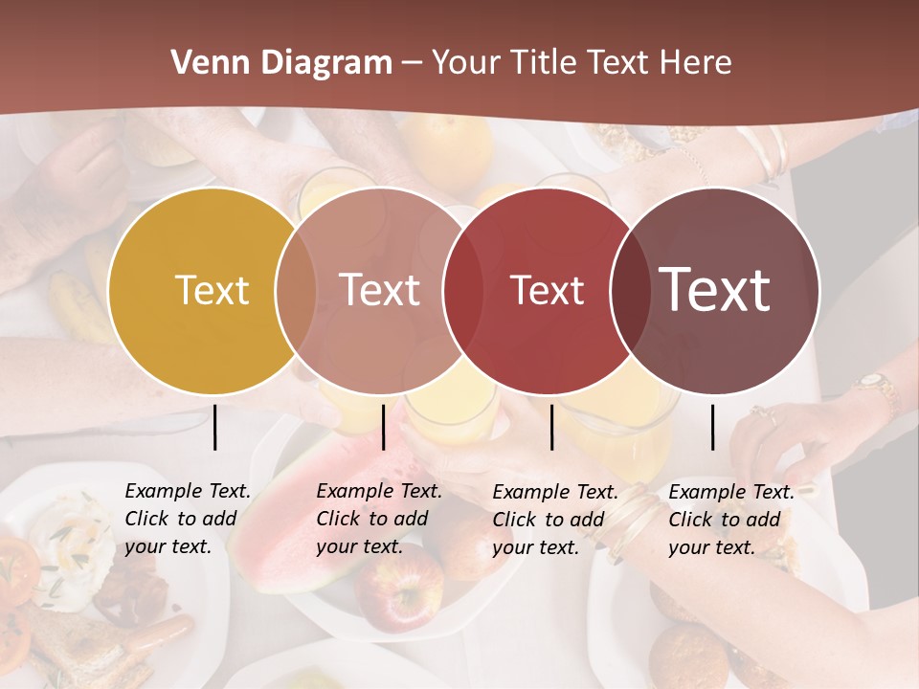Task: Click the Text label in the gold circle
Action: click(x=212, y=290)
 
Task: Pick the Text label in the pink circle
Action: click(x=380, y=290)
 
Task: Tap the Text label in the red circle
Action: click(x=547, y=290)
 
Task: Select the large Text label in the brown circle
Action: click(x=715, y=290)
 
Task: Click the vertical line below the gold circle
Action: click(x=215, y=427)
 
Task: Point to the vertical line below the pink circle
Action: click(x=383, y=427)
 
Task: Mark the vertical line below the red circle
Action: click(x=551, y=427)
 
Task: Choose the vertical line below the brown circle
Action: click(x=713, y=427)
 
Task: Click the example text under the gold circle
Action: click(x=187, y=519)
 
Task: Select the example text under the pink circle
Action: click(x=378, y=519)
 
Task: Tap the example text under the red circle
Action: click(x=554, y=520)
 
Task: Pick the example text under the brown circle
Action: click(x=730, y=520)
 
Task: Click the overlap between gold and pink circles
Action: click(x=296, y=290)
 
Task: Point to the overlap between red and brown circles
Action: click(x=631, y=290)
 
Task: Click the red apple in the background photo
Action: click(x=397, y=586)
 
